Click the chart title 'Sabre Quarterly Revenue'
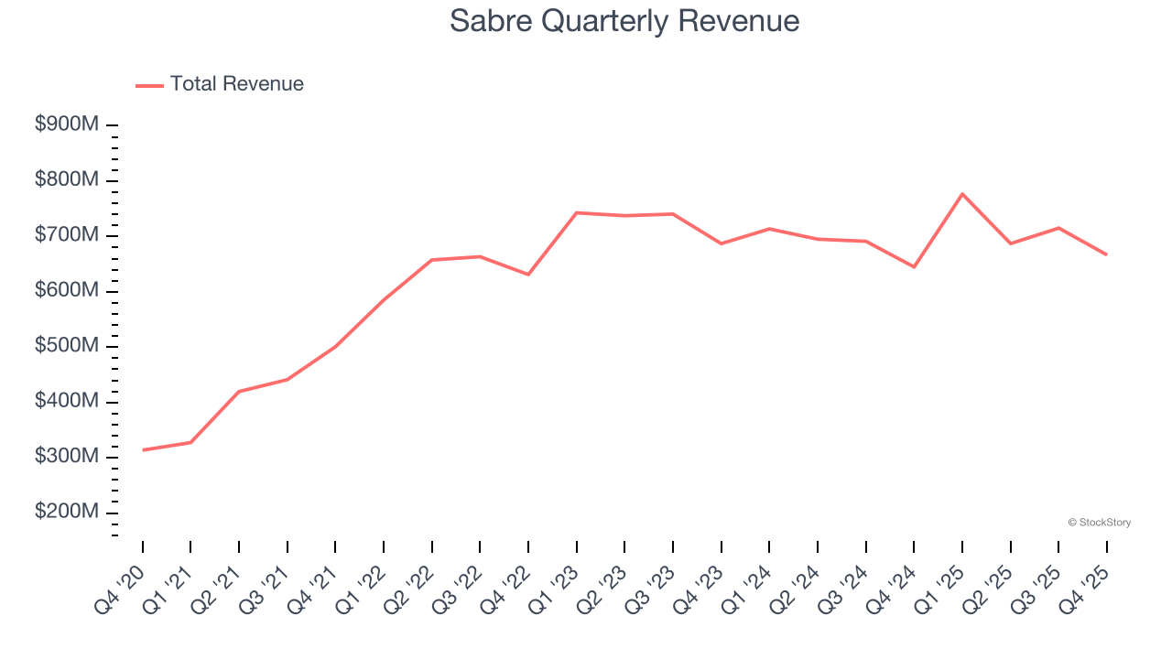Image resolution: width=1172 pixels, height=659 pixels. [624, 21]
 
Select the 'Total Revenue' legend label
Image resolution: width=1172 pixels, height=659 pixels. [236, 84]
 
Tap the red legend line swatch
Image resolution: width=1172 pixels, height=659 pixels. [149, 85]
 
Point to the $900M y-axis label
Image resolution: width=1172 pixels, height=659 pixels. [67, 124]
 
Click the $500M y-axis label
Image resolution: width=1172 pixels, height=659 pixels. [67, 346]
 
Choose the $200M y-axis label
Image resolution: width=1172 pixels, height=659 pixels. [67, 512]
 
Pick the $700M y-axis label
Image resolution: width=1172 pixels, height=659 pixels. [67, 235]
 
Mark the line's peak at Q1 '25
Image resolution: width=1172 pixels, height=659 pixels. [962, 194]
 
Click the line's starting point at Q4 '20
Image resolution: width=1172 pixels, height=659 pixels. [143, 450]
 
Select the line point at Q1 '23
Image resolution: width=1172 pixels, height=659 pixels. [577, 212]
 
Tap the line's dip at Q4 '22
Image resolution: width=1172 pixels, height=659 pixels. [528, 275]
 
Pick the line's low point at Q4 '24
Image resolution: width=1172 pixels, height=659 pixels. [914, 267]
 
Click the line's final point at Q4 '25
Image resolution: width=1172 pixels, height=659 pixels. [1107, 254]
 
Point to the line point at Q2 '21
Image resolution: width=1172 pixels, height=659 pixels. [239, 392]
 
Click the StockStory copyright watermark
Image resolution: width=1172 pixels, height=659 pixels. [1099, 523]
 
